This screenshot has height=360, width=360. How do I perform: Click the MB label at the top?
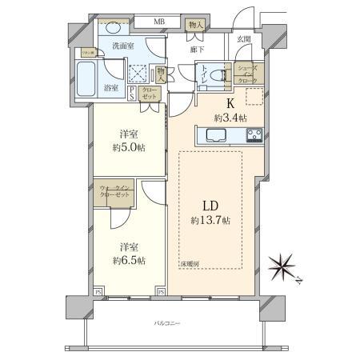(159, 22)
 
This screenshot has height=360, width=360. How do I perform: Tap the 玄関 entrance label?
(243, 38)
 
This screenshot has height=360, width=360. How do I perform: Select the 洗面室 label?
(122, 46)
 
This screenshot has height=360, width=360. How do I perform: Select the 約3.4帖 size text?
(230, 118)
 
